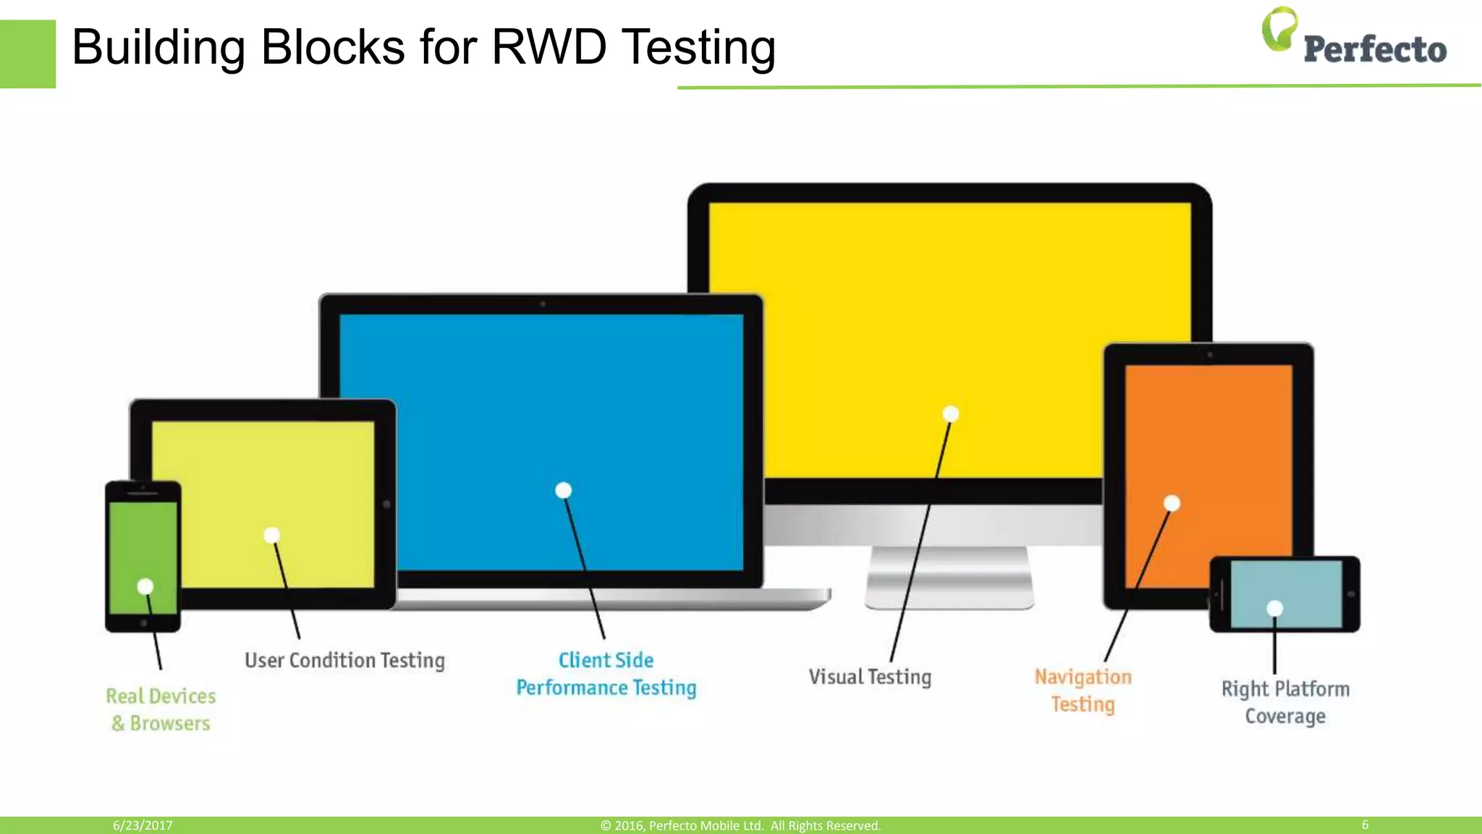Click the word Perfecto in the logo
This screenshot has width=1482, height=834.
point(1375,49)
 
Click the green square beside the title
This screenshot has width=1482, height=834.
point(27,54)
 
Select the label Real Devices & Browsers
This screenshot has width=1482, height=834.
point(161,709)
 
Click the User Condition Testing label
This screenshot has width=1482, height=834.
point(344,660)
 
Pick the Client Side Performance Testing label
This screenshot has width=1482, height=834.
point(606,674)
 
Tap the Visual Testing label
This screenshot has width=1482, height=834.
point(870,677)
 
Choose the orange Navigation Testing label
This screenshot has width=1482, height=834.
point(1083,690)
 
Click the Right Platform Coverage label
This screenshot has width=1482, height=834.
point(1285,702)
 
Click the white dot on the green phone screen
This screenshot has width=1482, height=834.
point(145,586)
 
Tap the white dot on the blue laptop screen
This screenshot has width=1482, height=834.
point(563,491)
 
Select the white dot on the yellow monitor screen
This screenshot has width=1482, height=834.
point(951,414)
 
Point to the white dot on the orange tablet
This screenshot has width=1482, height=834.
point(1172,503)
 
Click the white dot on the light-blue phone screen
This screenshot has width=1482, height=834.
point(1275,608)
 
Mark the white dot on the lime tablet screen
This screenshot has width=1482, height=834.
point(271,536)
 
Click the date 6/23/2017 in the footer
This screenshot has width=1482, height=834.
point(143,825)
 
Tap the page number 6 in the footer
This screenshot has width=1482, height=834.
point(1365,825)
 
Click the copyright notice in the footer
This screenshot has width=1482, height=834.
point(740,825)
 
